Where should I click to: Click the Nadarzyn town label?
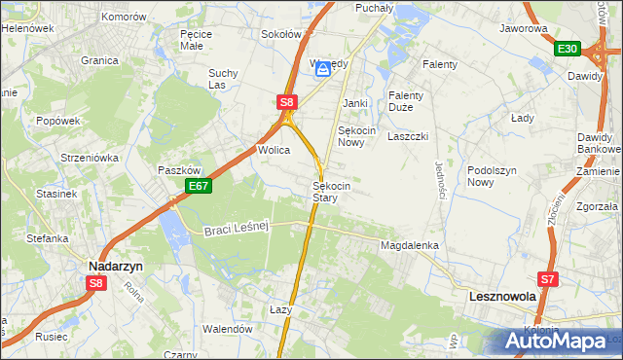[x=116, y=265]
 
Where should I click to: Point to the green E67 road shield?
[x=199, y=186]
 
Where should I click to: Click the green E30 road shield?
[x=568, y=49]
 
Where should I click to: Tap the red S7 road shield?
[x=548, y=279]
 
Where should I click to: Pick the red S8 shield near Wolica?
[x=285, y=101]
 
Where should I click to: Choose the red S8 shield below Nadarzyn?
[x=95, y=283]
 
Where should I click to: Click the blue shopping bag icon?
[x=322, y=68]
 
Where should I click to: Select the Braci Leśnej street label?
[x=236, y=229]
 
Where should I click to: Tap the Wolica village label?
[x=275, y=151]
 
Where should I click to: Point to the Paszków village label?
[x=179, y=169]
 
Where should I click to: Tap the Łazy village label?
[x=280, y=309]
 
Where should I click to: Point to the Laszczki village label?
[x=408, y=137]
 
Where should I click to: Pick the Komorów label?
[x=123, y=18]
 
